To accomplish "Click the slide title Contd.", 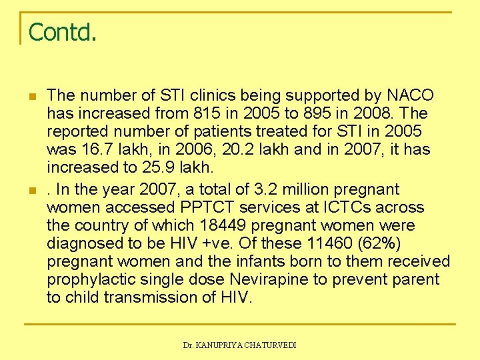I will pos(63,31).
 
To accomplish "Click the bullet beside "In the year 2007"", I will pos(32,191).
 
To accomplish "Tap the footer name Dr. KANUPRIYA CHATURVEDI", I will pos(239,345).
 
